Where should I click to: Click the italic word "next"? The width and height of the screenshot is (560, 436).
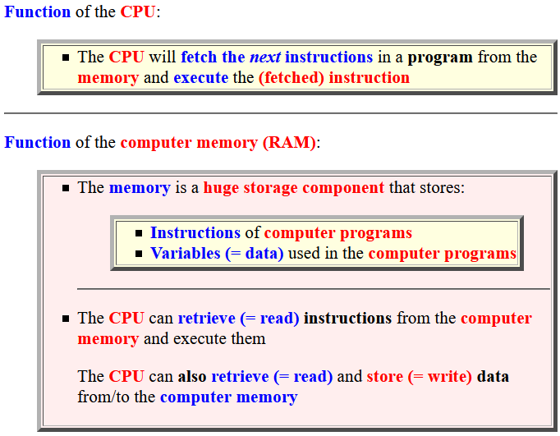coord(265,57)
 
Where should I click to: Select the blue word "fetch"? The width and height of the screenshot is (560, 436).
coord(199,57)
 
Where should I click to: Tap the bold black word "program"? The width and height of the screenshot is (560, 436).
coord(440,58)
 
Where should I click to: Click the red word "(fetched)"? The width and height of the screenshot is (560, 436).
coord(291,78)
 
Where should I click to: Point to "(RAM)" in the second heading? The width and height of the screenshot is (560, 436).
coord(289,143)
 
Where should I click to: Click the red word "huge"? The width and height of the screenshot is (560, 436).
coord(221,188)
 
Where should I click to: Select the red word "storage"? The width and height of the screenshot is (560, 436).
coord(270,189)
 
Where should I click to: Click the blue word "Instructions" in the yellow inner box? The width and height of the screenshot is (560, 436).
coord(195,232)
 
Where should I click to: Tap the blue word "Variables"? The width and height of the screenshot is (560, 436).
coord(185,253)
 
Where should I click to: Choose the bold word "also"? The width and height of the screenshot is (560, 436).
coord(192,376)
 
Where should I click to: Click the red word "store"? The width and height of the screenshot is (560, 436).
coord(384,377)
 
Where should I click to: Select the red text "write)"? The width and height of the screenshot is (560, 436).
coord(450,377)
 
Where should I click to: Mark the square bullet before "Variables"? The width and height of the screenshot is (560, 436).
coord(139,254)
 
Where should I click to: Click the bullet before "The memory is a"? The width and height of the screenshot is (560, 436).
coord(66,188)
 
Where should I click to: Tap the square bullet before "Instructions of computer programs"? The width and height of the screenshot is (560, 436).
coord(139,233)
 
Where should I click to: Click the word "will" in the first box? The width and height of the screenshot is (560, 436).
coord(162,57)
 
